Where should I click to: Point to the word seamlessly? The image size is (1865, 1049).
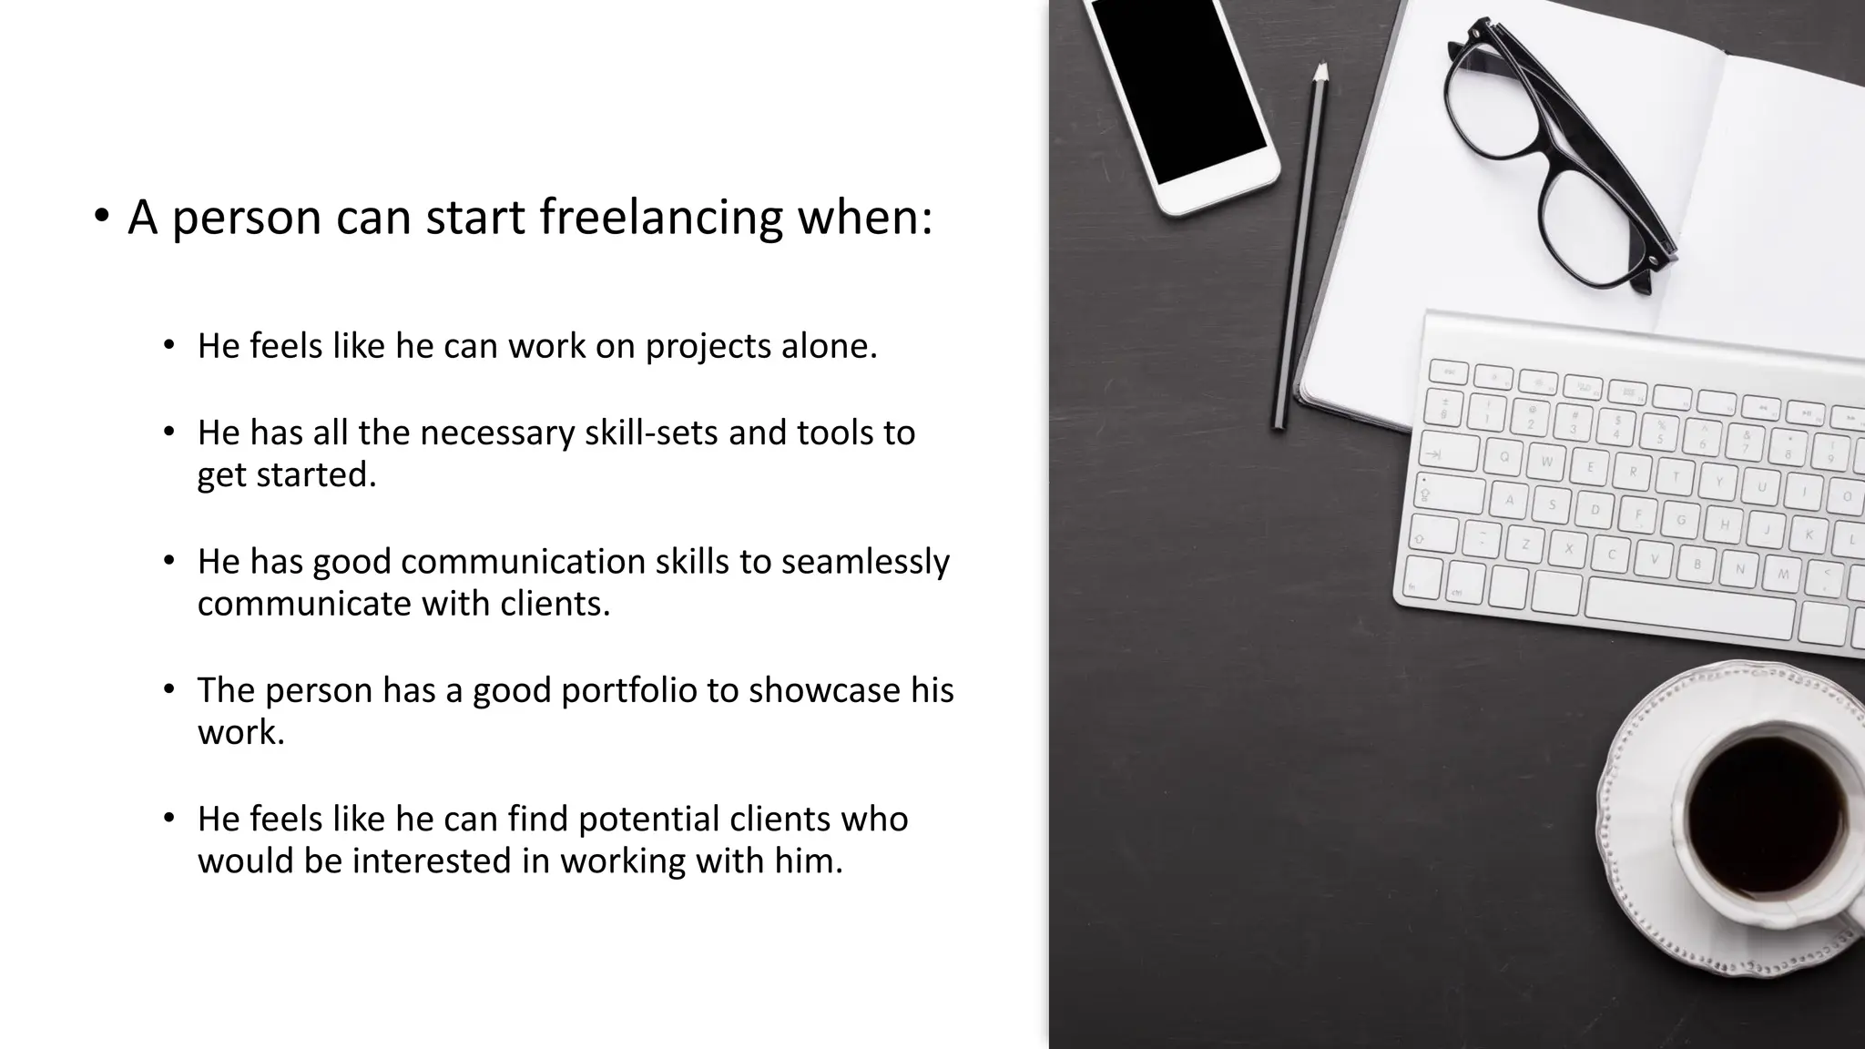(865, 562)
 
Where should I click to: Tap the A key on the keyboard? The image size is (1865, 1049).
(1509, 499)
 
